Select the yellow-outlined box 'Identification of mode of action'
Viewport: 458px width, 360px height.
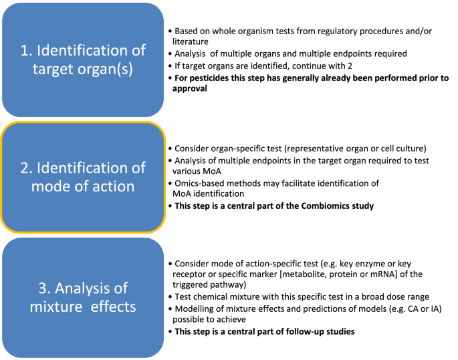[82, 177]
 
